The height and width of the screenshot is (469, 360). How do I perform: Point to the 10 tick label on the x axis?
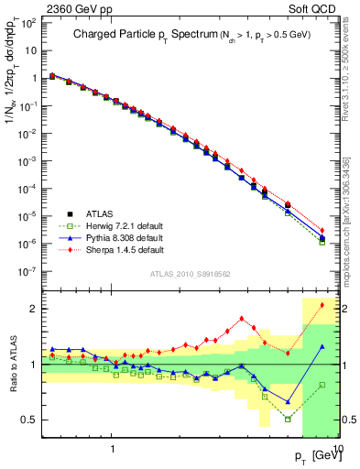click(335, 447)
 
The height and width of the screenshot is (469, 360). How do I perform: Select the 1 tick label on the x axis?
click(112, 447)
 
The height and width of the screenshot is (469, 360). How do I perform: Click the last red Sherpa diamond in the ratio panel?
click(322, 305)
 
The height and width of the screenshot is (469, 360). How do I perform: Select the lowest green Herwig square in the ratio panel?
click(288, 420)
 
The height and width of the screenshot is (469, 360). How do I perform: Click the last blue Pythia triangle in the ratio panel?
click(322, 346)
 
